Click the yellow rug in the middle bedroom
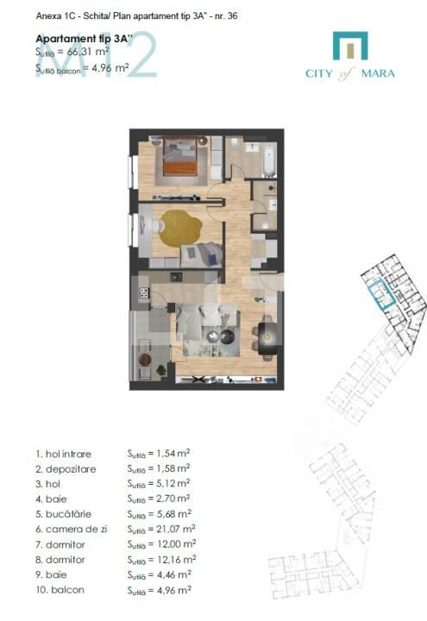click(x=184, y=226)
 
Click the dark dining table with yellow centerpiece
click(x=267, y=335)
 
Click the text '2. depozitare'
click(x=66, y=468)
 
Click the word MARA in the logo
click(x=378, y=74)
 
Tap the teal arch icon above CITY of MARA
click(x=350, y=46)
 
